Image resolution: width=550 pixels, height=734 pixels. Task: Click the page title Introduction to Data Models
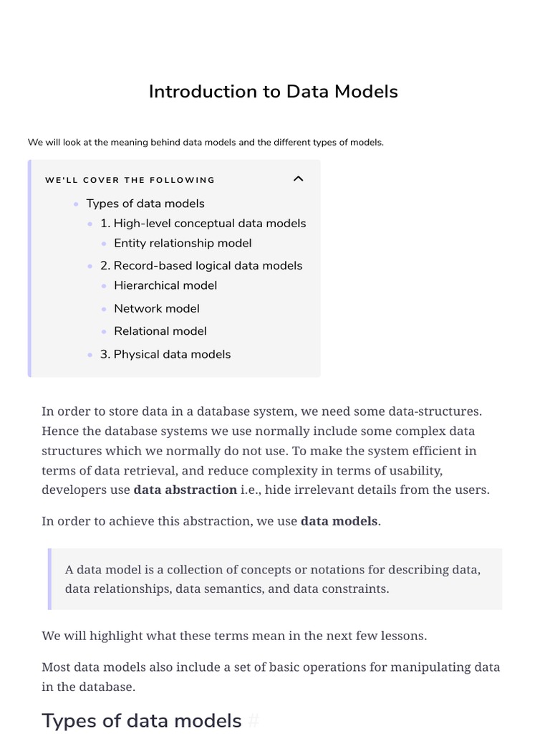[273, 92]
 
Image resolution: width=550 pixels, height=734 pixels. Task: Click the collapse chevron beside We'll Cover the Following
[299, 179]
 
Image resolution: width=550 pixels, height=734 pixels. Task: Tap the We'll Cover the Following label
[130, 180]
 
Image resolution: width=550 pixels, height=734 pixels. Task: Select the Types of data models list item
[145, 204]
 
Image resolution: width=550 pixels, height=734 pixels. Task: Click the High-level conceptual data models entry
[203, 224]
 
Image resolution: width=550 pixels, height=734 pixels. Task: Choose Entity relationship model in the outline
[183, 244]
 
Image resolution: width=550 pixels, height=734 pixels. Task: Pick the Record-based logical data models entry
[201, 266]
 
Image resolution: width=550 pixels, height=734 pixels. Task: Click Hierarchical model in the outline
[165, 286]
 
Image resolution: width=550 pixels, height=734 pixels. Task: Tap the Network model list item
[157, 309]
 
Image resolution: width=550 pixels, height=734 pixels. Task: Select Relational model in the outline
[160, 331]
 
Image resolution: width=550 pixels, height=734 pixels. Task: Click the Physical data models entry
[165, 355]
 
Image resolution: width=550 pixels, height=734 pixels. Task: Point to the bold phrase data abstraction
[185, 490]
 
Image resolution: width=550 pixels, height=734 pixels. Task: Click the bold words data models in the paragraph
[339, 521]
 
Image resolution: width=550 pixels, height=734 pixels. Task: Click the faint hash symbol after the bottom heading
[253, 721]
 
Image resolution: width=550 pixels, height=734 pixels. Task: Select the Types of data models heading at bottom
[142, 721]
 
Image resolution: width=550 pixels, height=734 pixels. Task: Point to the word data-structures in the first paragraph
[435, 411]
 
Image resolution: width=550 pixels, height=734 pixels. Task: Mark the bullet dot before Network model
[104, 309]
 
